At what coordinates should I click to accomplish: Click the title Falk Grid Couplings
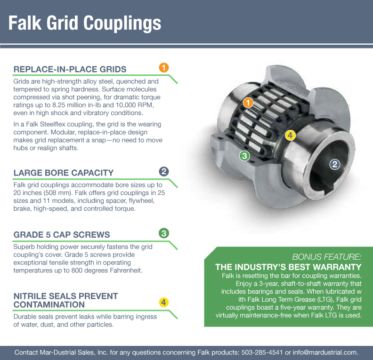click(85, 23)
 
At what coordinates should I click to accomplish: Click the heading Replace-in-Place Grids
click(70, 70)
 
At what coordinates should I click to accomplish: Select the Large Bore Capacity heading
click(64, 173)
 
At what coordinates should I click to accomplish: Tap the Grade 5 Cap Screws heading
click(62, 234)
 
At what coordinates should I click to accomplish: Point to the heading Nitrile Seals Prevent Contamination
click(65, 300)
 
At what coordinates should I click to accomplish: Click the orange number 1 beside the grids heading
click(163, 67)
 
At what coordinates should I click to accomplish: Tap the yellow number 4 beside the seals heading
click(163, 302)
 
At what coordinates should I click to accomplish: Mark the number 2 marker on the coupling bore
click(334, 164)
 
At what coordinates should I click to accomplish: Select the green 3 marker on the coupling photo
click(244, 155)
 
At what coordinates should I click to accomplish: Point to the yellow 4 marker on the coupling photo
click(291, 136)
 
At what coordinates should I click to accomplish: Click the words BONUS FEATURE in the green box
click(326, 257)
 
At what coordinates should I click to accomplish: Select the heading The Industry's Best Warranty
click(288, 267)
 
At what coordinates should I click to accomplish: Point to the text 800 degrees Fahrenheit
click(101, 271)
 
